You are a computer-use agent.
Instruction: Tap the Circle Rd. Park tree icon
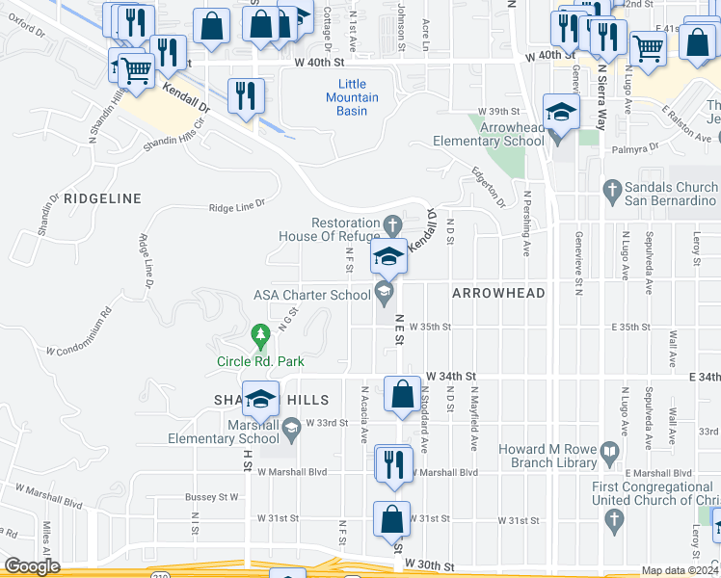(x=259, y=335)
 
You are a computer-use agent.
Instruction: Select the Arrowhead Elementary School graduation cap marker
(x=561, y=113)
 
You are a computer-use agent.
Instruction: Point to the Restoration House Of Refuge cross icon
(x=391, y=225)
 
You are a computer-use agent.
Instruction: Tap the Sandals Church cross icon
(x=612, y=191)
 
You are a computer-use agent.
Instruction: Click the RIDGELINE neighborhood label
(x=102, y=198)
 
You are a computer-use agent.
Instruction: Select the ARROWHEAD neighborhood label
(x=498, y=293)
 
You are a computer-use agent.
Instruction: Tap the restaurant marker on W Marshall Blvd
(x=393, y=463)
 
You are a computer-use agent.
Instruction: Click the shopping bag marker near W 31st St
(x=392, y=519)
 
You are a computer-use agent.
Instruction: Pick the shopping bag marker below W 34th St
(x=402, y=394)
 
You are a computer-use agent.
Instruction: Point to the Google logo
(x=33, y=566)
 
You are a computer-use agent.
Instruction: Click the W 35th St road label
(x=430, y=327)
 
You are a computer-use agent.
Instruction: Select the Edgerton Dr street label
(x=488, y=187)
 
